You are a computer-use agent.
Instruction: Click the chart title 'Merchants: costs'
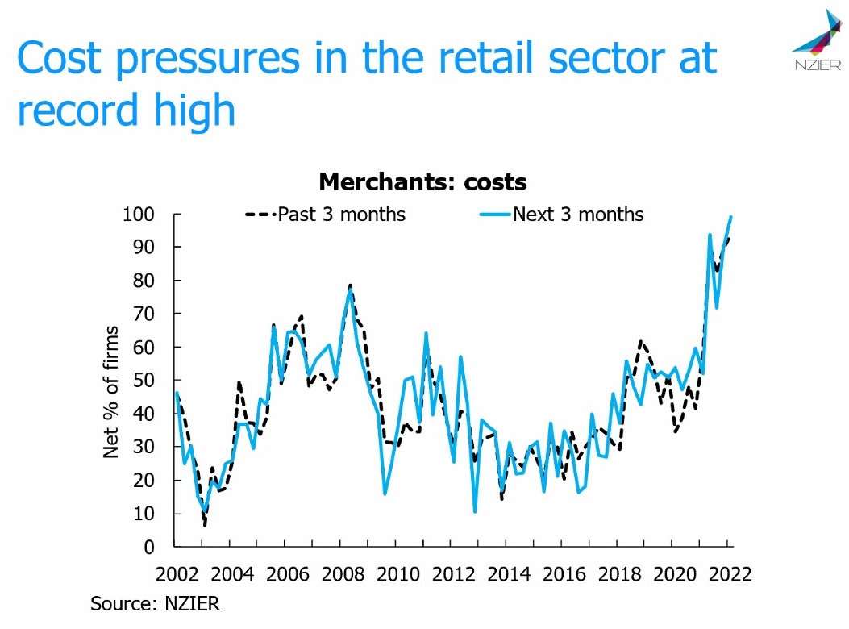(422, 181)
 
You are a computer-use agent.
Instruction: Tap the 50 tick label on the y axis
(145, 380)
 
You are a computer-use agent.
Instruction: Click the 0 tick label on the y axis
(150, 547)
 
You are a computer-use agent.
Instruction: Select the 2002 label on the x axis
(177, 574)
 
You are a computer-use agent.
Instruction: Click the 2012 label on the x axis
(453, 574)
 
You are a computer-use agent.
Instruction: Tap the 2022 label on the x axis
(729, 574)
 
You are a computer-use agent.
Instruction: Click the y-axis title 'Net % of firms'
(111, 393)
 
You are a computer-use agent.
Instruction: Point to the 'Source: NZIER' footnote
(155, 603)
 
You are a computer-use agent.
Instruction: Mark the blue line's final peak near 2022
(730, 216)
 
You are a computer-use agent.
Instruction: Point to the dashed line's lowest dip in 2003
(205, 526)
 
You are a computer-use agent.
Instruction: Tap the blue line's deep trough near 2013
(475, 511)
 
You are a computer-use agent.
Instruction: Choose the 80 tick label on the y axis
(145, 281)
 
